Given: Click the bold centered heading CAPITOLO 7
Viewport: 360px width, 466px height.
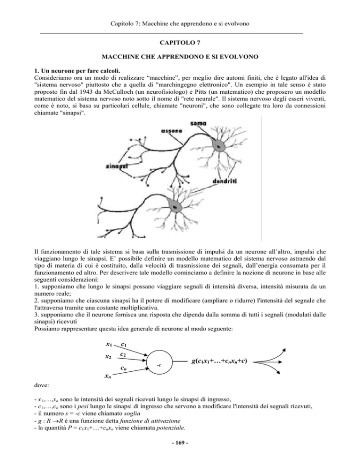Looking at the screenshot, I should pyautogui.click(x=180, y=42).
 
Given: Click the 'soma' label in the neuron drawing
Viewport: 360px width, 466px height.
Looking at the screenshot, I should pyautogui.click(x=199, y=124).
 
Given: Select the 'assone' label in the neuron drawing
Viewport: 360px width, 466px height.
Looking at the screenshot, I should pyautogui.click(x=166, y=131).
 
